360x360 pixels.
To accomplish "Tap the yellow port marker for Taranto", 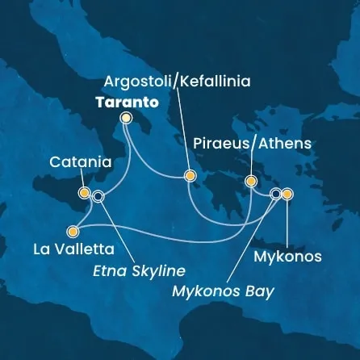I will coord(126,118).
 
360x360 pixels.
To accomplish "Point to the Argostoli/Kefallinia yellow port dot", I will coord(190,174).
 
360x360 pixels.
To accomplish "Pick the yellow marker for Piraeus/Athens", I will coord(251,181).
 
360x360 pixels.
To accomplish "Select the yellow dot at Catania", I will coord(84,193).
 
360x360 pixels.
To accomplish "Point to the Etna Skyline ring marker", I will coord(98,195).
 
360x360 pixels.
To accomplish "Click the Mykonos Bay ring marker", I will coord(276,194).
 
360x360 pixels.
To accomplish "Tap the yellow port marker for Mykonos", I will coord(287,194).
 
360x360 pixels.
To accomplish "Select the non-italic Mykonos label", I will coord(287,257).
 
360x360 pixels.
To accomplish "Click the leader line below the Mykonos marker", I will coord(287,222).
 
